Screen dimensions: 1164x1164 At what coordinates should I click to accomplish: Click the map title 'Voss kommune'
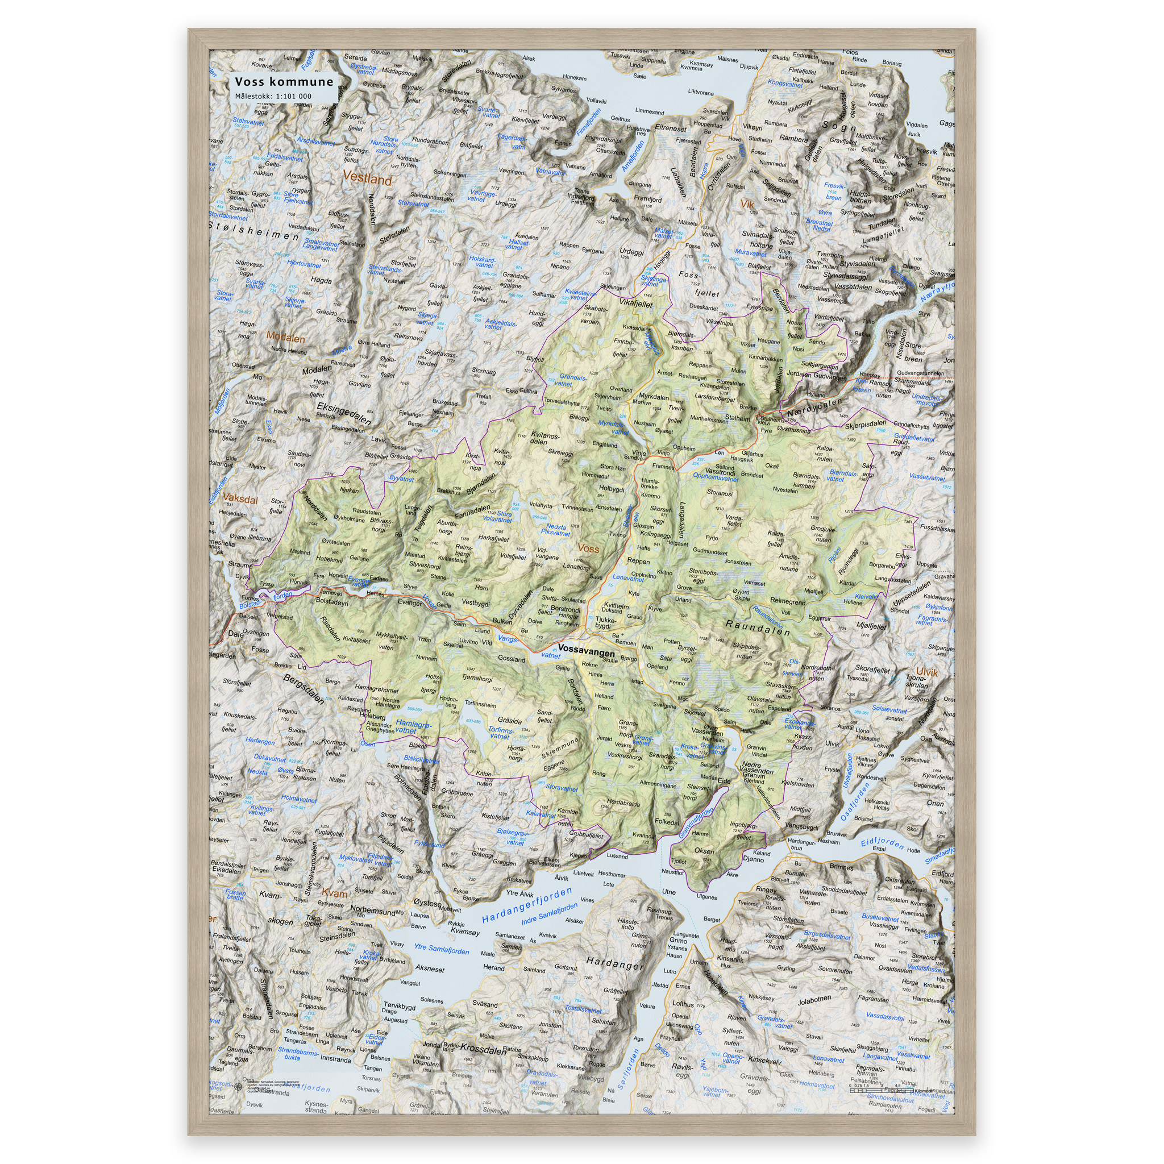tap(283, 82)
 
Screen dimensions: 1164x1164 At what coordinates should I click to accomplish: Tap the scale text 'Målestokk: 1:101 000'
tap(273, 97)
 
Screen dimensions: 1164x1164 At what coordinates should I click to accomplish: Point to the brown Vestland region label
tap(367, 179)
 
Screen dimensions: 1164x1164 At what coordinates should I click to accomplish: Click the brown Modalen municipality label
tap(285, 338)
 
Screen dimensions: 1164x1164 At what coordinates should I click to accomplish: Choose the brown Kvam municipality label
tap(334, 893)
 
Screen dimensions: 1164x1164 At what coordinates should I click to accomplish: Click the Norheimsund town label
tap(373, 911)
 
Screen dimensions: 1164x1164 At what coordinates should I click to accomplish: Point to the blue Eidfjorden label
tap(882, 842)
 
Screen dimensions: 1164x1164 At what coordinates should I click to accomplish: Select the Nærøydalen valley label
tap(814, 408)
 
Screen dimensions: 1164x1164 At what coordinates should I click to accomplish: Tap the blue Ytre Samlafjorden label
tap(441, 950)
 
